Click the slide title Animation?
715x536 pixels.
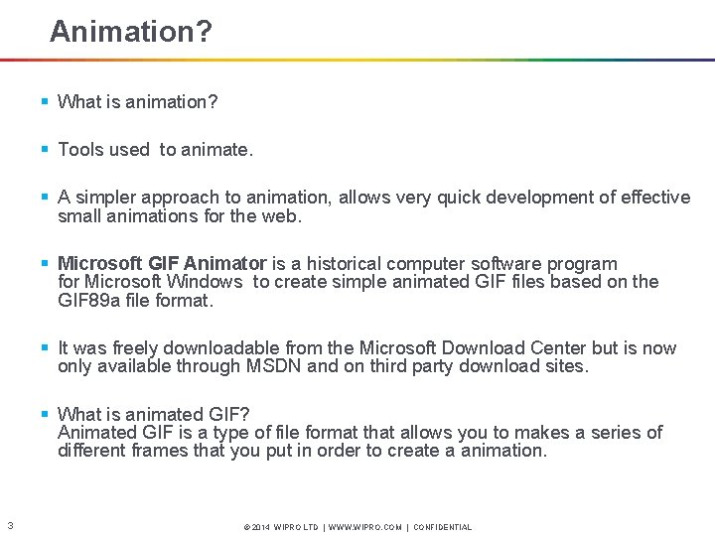click(x=130, y=33)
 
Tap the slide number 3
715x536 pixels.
click(x=9, y=526)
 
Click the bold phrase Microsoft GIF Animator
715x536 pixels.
click(x=162, y=264)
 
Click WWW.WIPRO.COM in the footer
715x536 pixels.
click(x=367, y=527)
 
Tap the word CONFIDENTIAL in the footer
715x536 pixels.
click(x=442, y=527)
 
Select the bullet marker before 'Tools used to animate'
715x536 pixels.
click(x=45, y=150)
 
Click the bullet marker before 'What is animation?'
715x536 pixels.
click(x=45, y=102)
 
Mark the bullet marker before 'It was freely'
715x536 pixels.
click(x=45, y=348)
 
